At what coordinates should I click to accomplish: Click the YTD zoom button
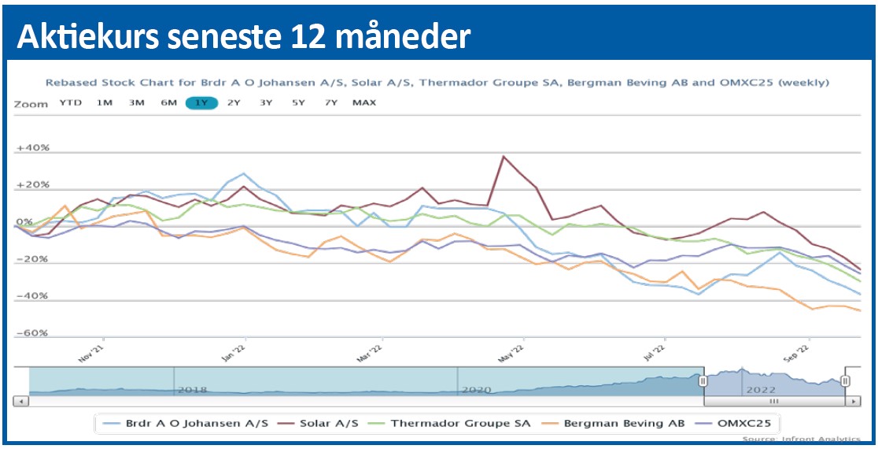point(71,102)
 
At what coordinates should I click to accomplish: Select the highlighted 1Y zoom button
point(201,102)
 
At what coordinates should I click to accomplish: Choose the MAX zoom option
point(364,102)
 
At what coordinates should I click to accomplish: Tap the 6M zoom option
point(168,102)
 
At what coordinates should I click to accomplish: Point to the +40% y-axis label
point(34,148)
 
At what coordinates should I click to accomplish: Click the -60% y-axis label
point(34,333)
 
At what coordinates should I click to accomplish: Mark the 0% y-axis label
point(24,223)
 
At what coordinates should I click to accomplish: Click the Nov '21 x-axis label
point(93,352)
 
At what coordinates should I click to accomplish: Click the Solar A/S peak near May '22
point(503,156)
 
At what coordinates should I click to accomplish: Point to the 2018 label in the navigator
point(192,389)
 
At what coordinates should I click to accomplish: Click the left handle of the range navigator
point(703,380)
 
